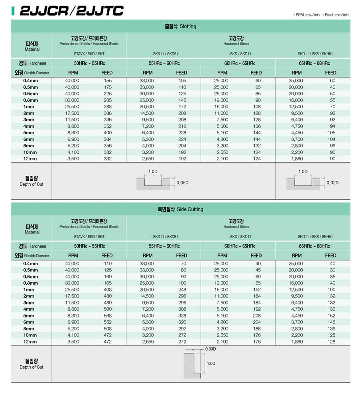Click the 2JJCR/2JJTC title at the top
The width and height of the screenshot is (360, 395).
71,11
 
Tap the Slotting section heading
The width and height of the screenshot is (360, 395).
180,26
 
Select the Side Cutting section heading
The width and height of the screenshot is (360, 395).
180,209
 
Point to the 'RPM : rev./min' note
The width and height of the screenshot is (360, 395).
307,15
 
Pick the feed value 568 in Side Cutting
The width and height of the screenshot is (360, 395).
107,316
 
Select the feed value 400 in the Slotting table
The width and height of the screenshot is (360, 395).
107,133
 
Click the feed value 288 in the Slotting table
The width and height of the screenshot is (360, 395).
107,107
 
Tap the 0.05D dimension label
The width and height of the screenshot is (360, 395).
182,183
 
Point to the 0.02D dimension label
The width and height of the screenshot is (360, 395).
332,183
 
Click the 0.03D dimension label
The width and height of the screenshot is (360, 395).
210,349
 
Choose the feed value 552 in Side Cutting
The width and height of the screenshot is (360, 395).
107,322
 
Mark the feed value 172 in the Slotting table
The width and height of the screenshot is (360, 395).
182,107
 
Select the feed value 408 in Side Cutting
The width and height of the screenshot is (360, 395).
107,290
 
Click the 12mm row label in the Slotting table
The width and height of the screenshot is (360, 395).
30,159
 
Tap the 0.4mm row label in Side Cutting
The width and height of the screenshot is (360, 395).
30,264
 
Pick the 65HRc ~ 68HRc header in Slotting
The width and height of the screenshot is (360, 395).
314,63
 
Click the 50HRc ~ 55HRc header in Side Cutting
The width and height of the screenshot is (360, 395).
89,246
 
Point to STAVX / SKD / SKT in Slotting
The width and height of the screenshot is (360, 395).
89,54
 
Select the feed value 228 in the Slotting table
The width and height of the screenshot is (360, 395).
182,133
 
